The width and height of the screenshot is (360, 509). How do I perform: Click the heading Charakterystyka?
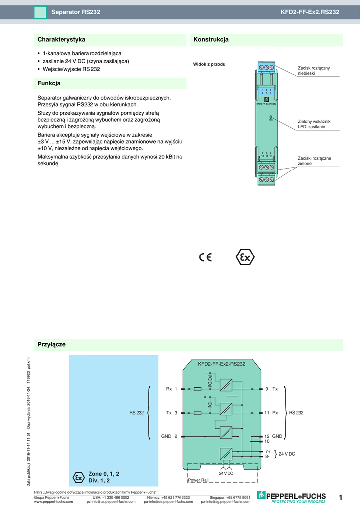(62, 39)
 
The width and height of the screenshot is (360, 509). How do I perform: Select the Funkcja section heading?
(49, 83)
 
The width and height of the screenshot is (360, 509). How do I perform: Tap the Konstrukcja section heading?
(211, 39)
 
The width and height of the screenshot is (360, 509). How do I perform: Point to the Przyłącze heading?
(52, 344)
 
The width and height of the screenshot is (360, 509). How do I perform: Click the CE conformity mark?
(205, 257)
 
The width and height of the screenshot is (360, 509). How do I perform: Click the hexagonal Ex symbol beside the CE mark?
(244, 257)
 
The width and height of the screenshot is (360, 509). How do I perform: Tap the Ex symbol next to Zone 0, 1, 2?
(79, 477)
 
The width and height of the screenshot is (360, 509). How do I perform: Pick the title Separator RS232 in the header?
(76, 11)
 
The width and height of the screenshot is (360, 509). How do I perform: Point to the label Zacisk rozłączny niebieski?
(313, 70)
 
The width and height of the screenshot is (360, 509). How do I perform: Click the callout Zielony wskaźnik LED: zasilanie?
(314, 124)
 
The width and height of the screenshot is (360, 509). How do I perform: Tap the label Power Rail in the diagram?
(198, 480)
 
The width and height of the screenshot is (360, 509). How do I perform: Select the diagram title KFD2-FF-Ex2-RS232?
(221, 364)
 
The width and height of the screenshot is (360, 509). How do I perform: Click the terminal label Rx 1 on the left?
(172, 389)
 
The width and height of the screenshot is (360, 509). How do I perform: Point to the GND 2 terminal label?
(169, 436)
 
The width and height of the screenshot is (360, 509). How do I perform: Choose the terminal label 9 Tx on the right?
(271, 389)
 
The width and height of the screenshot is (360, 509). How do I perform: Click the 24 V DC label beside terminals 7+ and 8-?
(287, 454)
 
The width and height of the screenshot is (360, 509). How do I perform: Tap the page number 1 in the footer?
(341, 498)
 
